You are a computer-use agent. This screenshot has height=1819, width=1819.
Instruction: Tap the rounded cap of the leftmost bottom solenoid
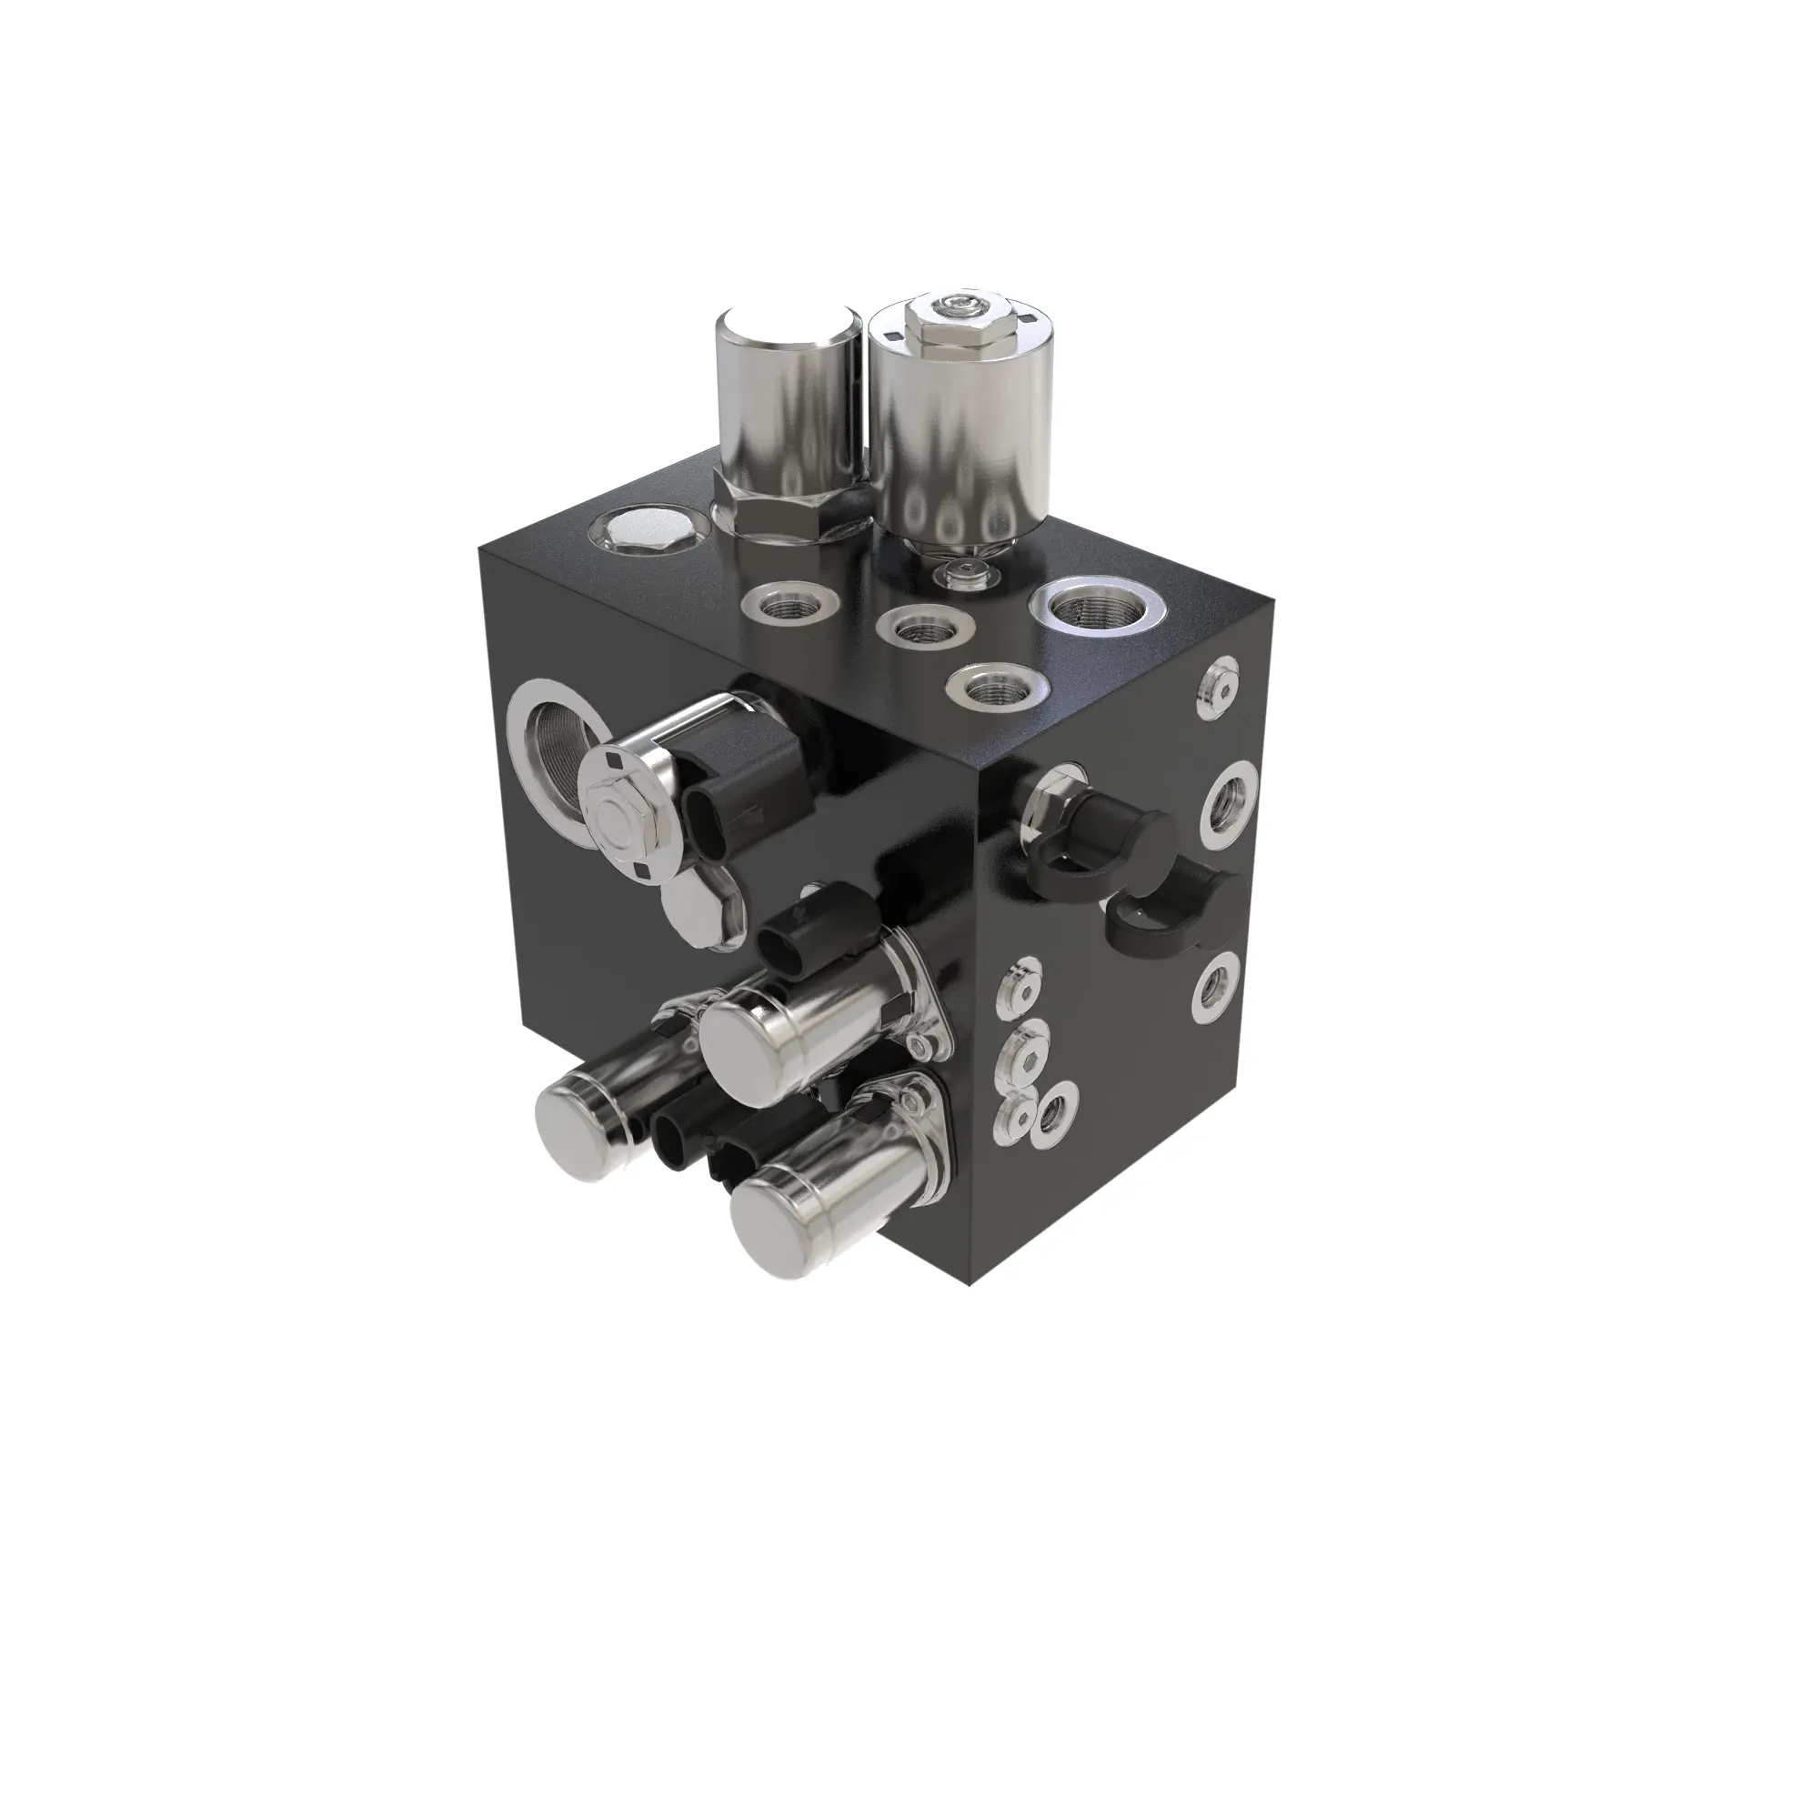tap(571, 1131)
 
